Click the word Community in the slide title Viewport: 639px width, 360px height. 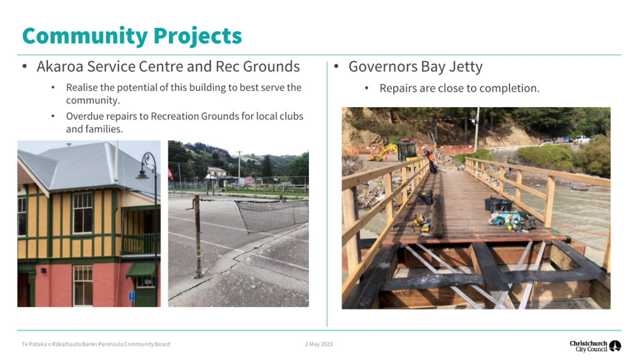coord(84,36)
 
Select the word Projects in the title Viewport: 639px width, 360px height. coord(197,36)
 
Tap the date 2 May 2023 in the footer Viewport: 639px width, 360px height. coord(319,344)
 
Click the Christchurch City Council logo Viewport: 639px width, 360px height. coord(595,346)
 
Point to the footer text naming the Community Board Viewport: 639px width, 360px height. coord(96,344)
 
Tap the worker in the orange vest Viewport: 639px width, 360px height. coord(430,159)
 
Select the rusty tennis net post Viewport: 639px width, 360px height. coord(197,236)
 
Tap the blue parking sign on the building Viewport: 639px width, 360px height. coord(132,296)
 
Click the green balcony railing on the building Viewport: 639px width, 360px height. coord(140,244)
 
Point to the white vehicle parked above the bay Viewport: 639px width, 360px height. coord(582,139)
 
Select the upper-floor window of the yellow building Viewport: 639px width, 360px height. coord(82,213)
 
